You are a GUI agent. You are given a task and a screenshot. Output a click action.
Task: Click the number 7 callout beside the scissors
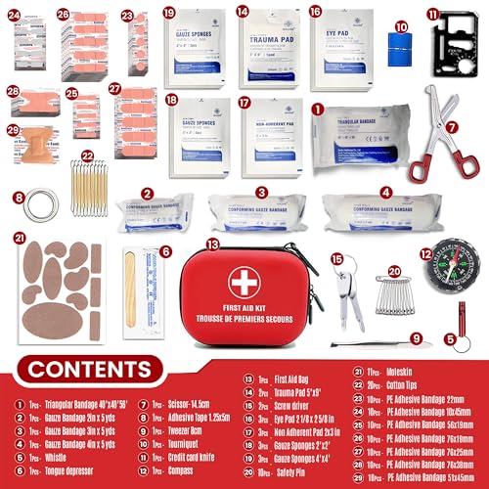click(x=451, y=127)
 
